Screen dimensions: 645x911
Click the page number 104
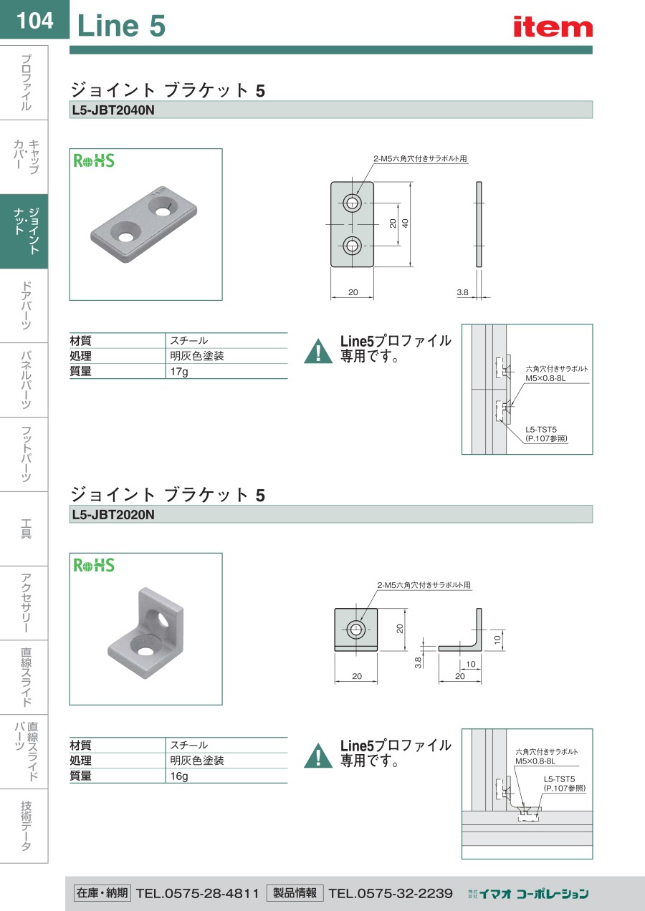click(35, 20)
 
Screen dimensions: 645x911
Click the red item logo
click(553, 26)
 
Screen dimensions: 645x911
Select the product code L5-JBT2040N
click(113, 110)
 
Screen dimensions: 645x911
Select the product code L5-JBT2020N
click(113, 515)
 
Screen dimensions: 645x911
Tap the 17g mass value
click(179, 371)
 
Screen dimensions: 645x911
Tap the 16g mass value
click(179, 776)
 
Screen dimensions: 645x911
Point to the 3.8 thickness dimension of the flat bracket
click(462, 292)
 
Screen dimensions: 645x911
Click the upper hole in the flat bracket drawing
click(352, 203)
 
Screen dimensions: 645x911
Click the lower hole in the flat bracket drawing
click(352, 246)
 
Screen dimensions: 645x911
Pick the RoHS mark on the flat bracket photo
click(94, 160)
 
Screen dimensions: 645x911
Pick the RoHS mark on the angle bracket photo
click(94, 565)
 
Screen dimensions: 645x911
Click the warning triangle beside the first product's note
click(318, 351)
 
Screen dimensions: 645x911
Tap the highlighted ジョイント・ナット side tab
click(24, 231)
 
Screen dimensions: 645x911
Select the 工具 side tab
click(26, 529)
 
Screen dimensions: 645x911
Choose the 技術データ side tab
click(26, 826)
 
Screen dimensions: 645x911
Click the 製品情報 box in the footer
click(295, 892)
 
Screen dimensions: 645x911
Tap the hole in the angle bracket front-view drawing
click(356, 630)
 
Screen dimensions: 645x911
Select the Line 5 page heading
click(121, 26)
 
